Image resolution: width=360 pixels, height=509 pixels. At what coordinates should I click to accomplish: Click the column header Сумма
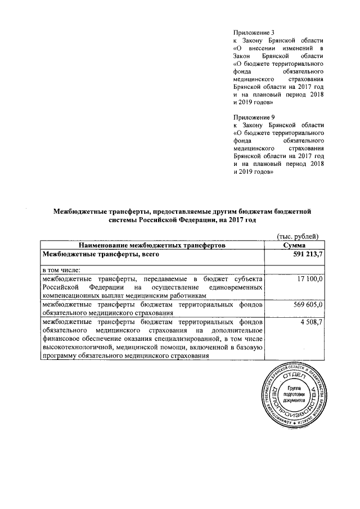295,246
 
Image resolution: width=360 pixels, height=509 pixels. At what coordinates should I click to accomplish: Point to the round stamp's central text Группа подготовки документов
294,397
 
